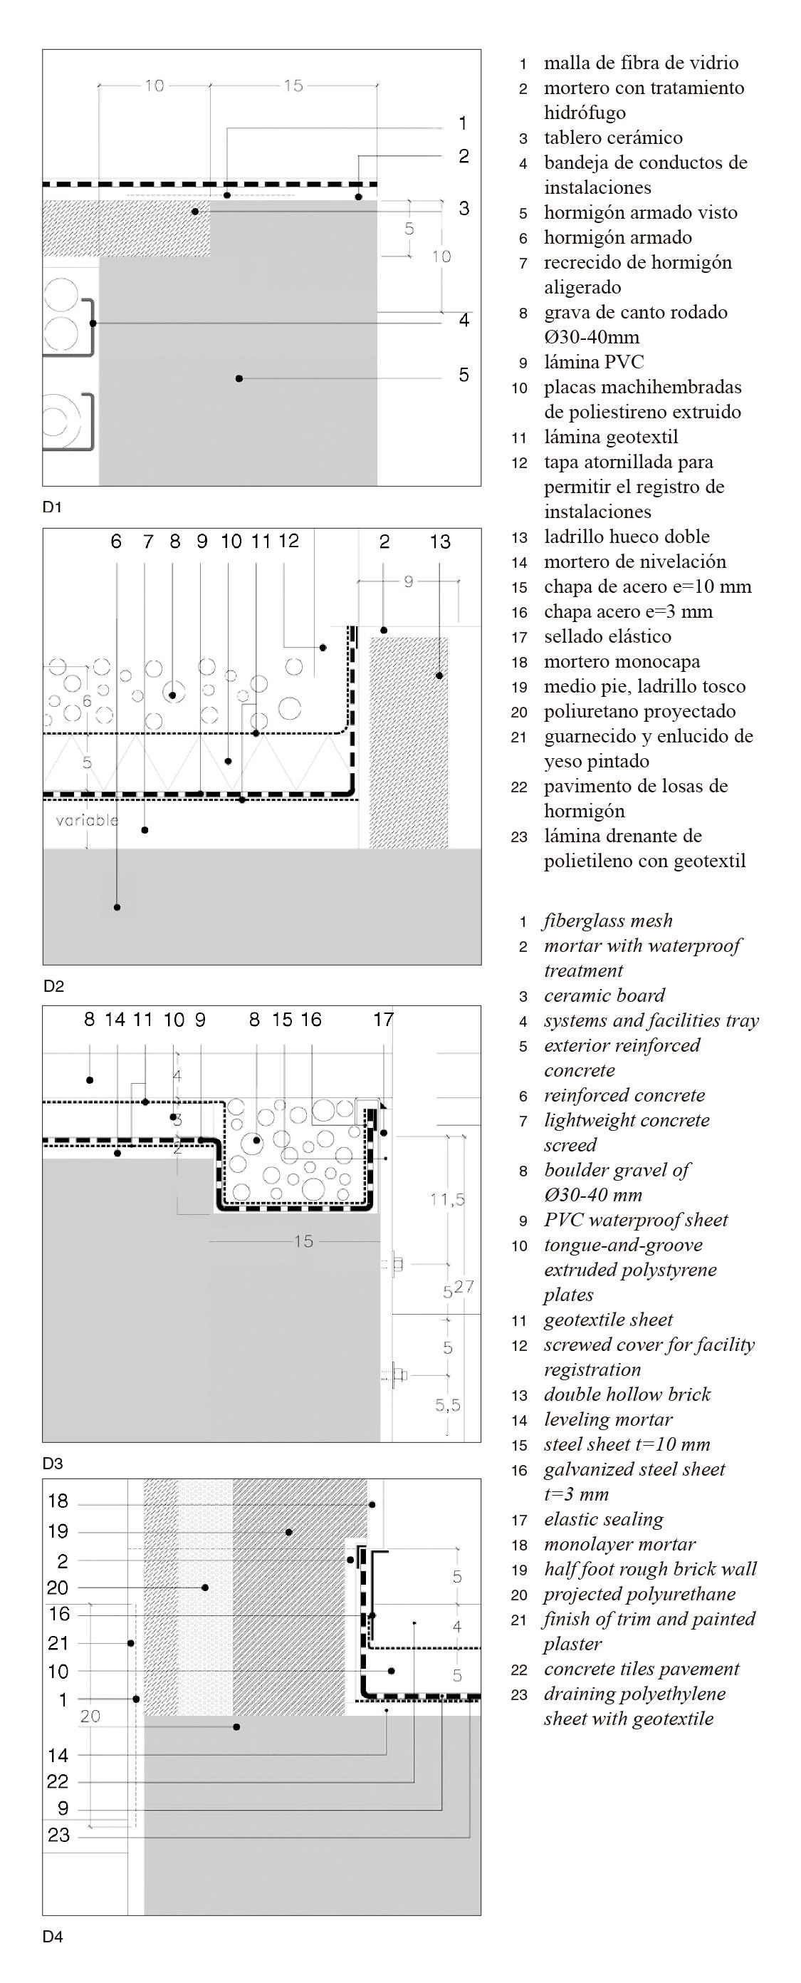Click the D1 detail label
pos(52,507)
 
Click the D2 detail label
pos(53,986)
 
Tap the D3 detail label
pos(52,1464)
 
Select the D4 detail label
pos(52,1936)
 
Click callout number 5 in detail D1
pos(464,375)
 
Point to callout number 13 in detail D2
pos(440,542)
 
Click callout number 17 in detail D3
pos(383,1020)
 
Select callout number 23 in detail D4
pos(58,1836)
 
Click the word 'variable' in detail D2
pos(87,820)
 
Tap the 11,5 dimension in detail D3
pos(447,1198)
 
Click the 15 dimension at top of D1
pos(293,86)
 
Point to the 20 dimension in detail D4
pos(90,1716)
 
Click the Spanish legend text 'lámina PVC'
pos(593,362)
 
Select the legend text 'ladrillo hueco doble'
pos(627,537)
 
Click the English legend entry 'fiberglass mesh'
pos(608,921)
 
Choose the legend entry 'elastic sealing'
pos(603,1519)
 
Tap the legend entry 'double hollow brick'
pos(627,1394)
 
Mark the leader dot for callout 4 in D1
pos(93,323)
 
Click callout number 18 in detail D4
pos(58,1501)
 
